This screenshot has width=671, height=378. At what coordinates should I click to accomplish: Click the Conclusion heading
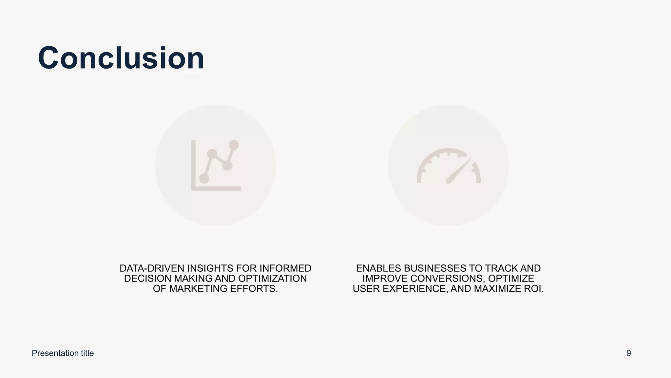121,58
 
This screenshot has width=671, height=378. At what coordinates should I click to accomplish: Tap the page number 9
628,353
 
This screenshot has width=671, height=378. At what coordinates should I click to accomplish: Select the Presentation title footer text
63,353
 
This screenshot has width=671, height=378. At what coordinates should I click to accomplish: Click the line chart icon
216,165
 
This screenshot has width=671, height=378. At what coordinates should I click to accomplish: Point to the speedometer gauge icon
448,166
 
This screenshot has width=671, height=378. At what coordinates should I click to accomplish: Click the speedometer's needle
459,171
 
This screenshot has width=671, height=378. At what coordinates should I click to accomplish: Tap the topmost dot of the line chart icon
234,145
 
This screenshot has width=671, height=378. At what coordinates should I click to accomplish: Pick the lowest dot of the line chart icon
204,178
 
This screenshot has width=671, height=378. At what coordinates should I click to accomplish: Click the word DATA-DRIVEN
152,268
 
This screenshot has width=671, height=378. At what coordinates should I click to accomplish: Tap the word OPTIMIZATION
272,279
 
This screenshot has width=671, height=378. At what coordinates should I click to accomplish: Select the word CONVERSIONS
448,279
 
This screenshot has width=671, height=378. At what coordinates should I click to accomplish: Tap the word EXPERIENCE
415,289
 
